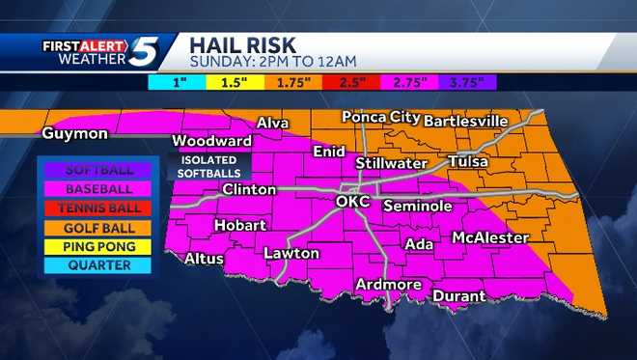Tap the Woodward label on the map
click(205, 141)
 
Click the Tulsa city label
click(467, 161)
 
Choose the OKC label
click(353, 202)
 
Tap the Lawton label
click(291, 254)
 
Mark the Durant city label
click(458, 296)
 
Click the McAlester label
click(489, 237)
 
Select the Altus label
click(205, 259)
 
